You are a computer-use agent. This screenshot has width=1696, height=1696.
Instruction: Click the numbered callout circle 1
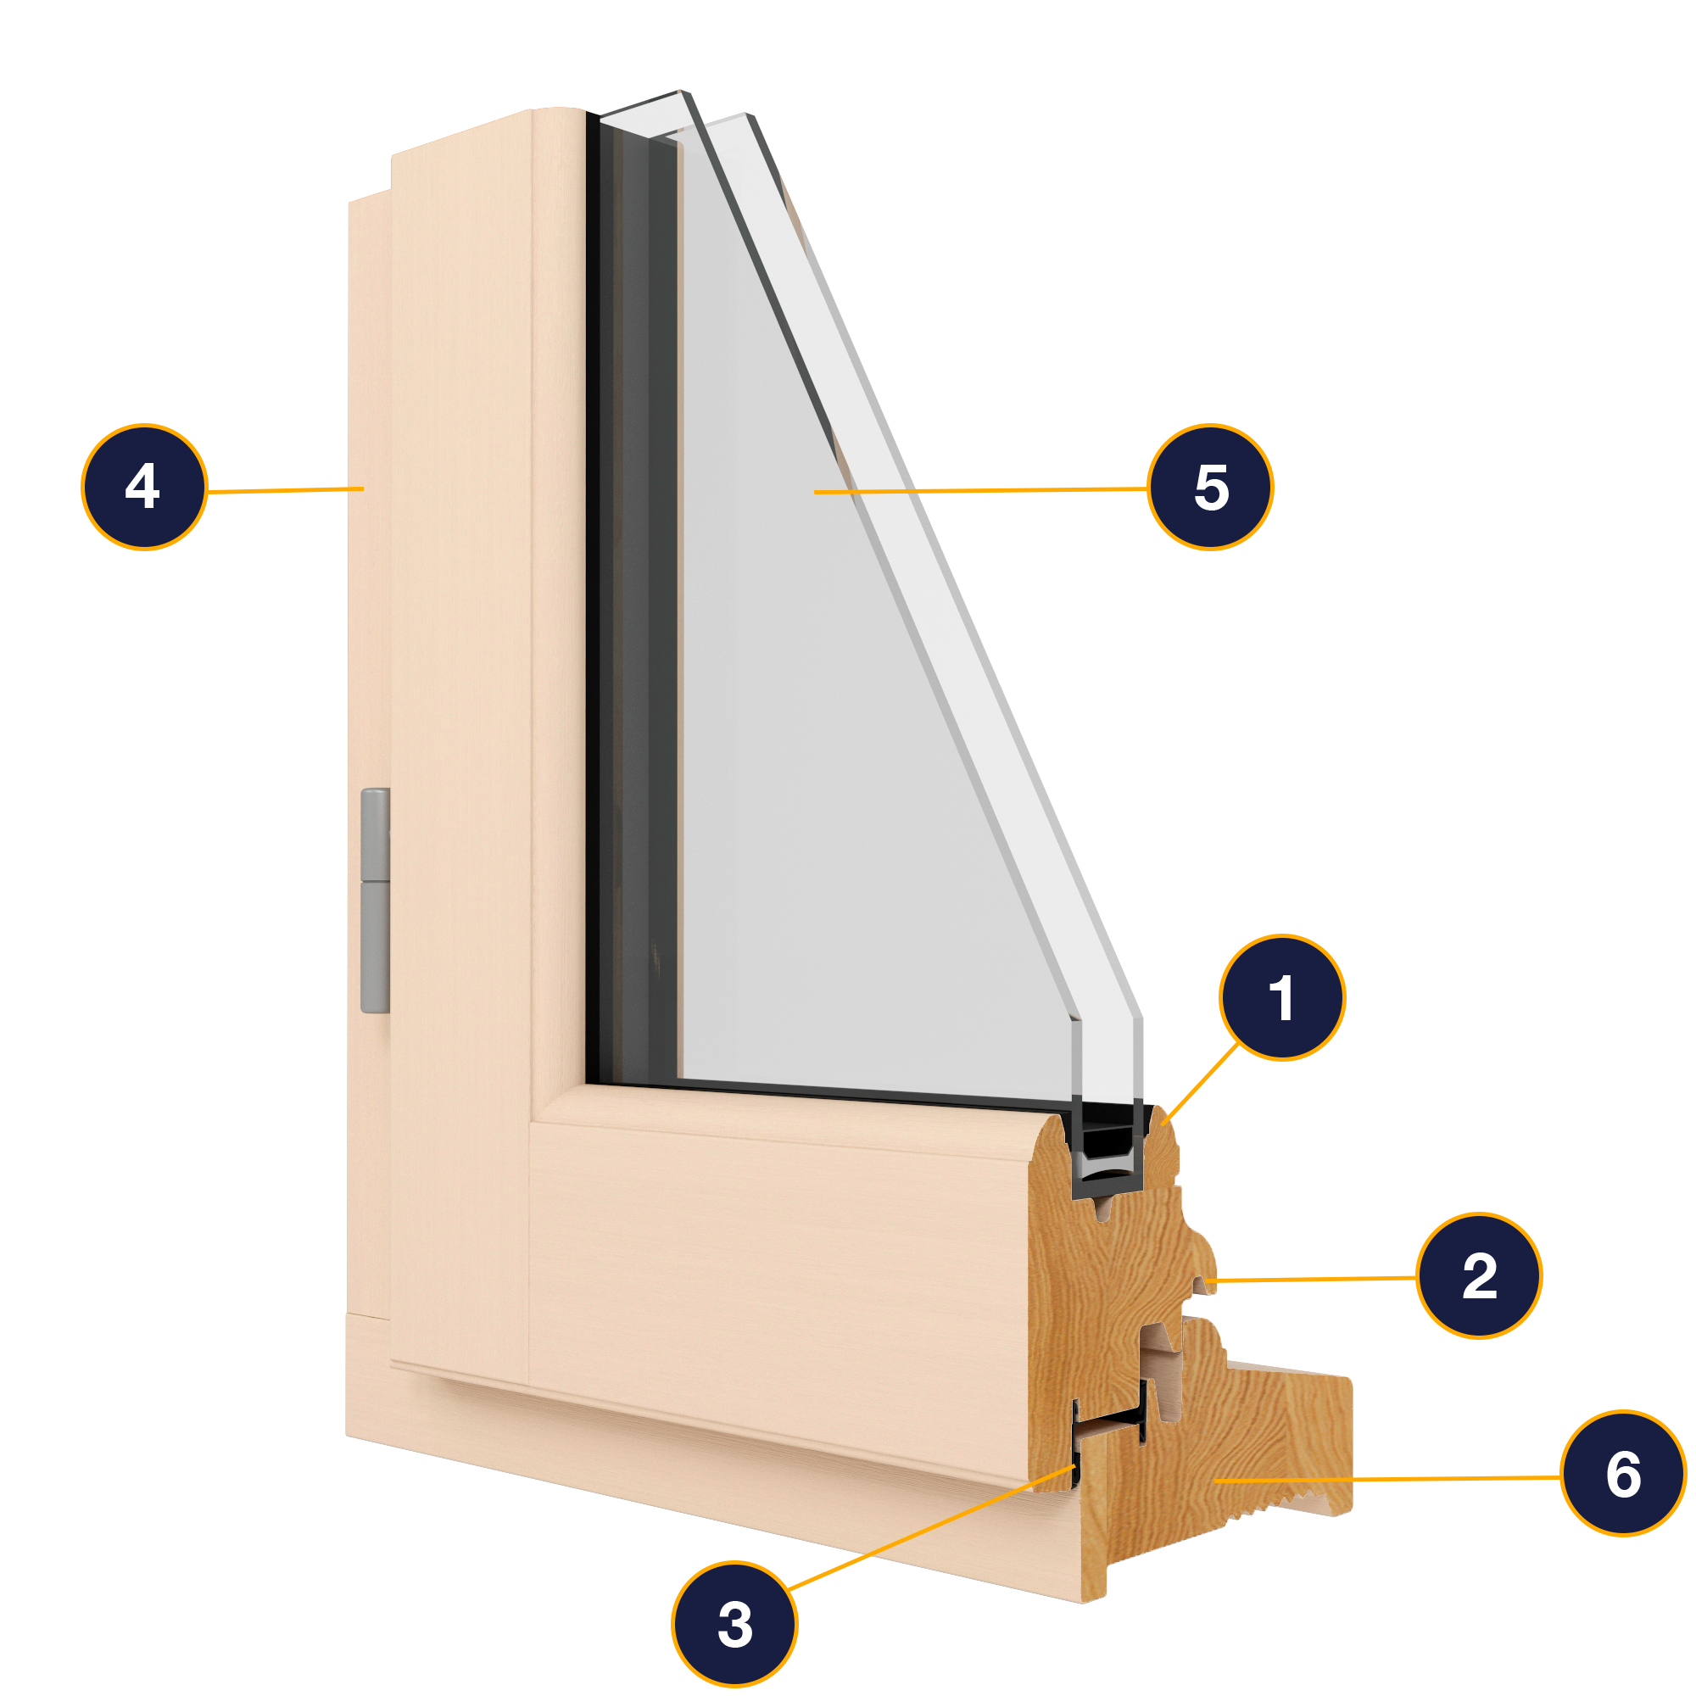pyautogui.click(x=1281, y=998)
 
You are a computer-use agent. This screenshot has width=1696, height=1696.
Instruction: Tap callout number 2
pyautogui.click(x=1479, y=1275)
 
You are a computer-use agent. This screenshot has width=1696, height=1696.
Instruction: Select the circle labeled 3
pyautogui.click(x=734, y=1623)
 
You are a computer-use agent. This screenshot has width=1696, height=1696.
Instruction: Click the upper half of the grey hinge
pyautogui.click(x=376, y=834)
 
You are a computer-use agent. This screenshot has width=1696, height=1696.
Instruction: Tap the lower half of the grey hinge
pyautogui.click(x=376, y=948)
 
